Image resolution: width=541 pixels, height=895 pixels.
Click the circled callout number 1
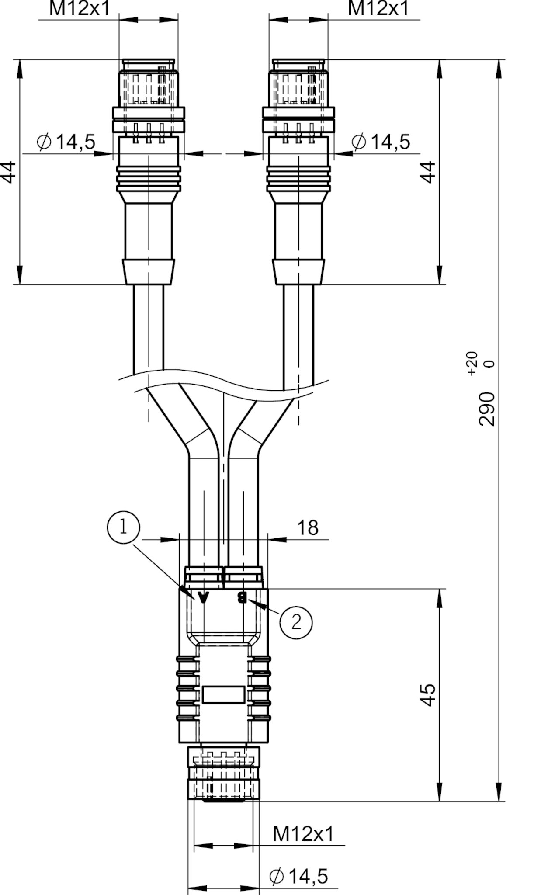(x=123, y=527)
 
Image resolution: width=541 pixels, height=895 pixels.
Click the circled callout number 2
(x=296, y=621)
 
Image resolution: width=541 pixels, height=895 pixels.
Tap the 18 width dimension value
(x=308, y=528)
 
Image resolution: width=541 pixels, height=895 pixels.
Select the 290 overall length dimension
(x=487, y=409)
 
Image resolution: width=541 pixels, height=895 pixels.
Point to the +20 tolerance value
(x=472, y=363)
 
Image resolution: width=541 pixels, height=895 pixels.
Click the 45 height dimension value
(x=428, y=695)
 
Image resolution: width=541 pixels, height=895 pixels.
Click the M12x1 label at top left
(x=80, y=9)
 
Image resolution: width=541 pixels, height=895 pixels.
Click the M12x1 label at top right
(x=378, y=9)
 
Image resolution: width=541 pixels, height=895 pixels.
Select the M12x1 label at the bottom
(x=303, y=834)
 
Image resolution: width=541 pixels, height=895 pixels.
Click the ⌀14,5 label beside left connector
(x=66, y=142)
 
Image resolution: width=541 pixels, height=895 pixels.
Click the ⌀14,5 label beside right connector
(x=381, y=142)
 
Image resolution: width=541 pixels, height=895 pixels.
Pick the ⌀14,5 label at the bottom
(x=299, y=876)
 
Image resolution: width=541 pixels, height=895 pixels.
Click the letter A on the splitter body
(x=204, y=597)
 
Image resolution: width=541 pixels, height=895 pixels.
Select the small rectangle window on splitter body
(x=223, y=694)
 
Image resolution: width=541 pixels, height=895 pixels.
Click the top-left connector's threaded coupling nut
(x=149, y=87)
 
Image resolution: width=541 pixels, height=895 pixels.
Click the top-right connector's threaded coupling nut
(x=299, y=87)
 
